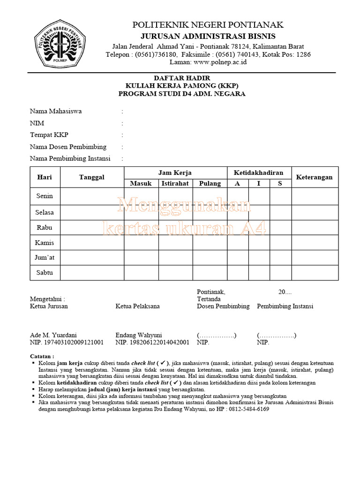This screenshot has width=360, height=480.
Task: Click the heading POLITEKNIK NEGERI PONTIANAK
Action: click(208, 25)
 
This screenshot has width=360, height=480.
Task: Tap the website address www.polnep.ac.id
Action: click(220, 62)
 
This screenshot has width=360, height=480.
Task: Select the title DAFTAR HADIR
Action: click(182, 78)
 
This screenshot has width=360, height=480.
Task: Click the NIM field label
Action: click(37, 123)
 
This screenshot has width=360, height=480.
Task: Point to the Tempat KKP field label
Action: click(47, 135)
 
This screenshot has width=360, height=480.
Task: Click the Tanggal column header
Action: click(92, 177)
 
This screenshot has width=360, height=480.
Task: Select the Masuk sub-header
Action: click(141, 183)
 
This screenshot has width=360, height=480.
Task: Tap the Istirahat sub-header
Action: click(175, 183)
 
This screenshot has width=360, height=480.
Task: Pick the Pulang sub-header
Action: click(210, 183)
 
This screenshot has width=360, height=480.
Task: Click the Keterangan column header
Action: click(314, 177)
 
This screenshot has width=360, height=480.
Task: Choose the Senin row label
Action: click(45, 196)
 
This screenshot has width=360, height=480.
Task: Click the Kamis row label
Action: click(45, 242)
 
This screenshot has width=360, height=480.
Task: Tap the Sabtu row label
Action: click(45, 272)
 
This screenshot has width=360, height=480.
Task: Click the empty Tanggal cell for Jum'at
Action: click(92, 257)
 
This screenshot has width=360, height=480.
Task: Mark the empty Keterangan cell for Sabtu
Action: click(314, 272)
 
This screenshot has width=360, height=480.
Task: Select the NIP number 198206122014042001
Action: click(152, 343)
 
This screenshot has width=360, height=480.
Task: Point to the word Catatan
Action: click(42, 356)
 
